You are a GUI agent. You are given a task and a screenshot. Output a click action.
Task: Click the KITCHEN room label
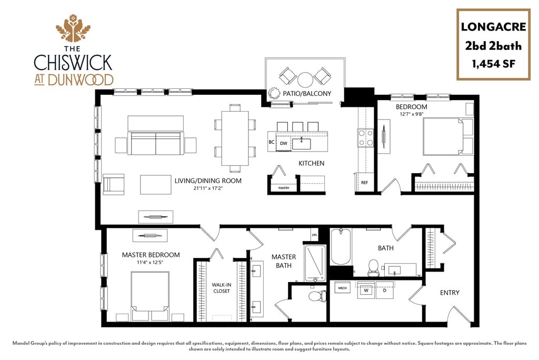312,163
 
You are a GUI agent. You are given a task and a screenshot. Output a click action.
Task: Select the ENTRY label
450,293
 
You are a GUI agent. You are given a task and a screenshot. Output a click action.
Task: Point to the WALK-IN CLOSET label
221,288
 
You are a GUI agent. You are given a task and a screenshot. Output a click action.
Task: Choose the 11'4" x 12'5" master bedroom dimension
151,263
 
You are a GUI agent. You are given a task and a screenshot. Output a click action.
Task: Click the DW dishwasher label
283,143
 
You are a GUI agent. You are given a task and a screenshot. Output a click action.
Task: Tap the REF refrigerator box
364,183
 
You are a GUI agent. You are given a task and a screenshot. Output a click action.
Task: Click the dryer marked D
384,290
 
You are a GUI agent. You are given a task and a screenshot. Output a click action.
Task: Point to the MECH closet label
342,288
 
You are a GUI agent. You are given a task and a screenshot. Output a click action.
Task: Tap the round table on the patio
305,79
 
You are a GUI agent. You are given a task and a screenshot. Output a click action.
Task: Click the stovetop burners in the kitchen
366,137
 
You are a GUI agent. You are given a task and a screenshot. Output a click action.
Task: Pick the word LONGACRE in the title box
493,26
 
